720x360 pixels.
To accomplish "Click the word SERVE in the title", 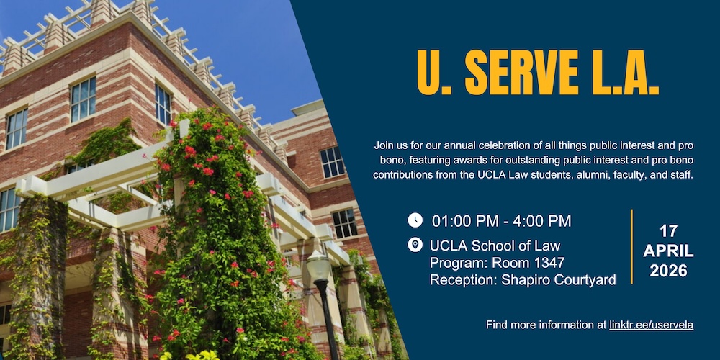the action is coord(521,73).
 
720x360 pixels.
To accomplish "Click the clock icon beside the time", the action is coord(415,220).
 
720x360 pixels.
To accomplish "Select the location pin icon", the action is coord(415,245).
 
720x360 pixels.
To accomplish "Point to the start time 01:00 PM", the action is coord(464,221).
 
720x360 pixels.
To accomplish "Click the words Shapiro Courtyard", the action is coord(559,281).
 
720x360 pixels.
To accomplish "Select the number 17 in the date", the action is coord(669,230).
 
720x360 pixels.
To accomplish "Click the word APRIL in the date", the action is coord(669,251).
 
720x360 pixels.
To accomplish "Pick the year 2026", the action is coord(669,271).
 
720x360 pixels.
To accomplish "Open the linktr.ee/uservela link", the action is coord(651,325).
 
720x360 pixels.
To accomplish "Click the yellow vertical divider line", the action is coord(632,246).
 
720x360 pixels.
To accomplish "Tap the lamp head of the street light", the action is coord(318,266).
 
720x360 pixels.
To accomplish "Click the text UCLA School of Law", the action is coord(495,246).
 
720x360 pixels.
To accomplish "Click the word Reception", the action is coord(463,281).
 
